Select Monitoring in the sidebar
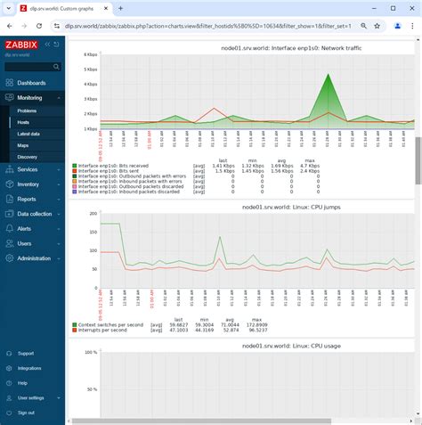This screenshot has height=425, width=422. click(x=29, y=97)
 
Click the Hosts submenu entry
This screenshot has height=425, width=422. click(x=23, y=121)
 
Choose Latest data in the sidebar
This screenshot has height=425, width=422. click(x=28, y=133)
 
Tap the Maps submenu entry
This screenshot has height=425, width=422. click(x=22, y=144)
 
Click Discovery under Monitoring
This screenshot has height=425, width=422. click(x=27, y=156)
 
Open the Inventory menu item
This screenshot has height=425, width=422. click(x=28, y=184)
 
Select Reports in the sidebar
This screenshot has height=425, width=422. click(x=27, y=199)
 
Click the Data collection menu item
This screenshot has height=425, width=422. click(x=35, y=214)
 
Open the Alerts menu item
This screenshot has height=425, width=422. click(x=24, y=228)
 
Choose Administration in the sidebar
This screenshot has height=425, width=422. click(x=34, y=257)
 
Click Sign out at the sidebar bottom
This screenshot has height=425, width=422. click(x=26, y=413)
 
